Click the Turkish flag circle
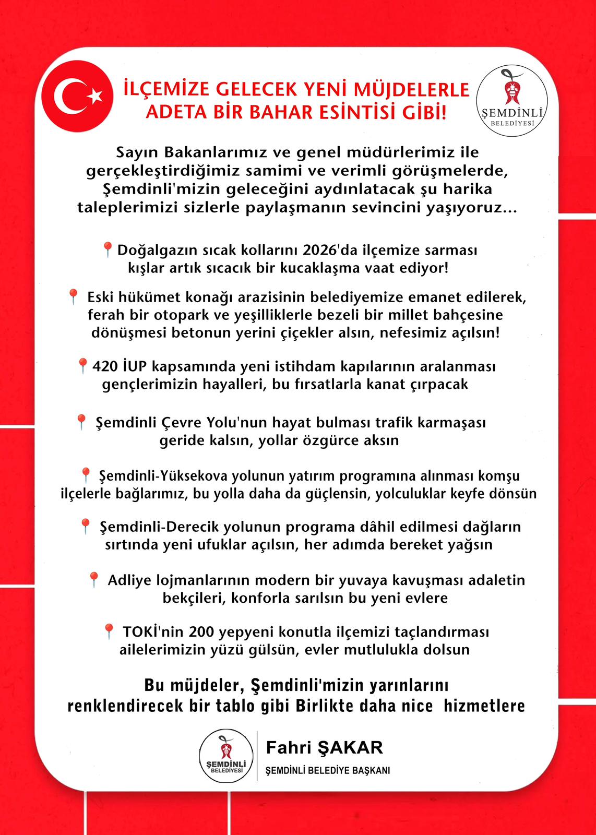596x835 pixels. coord(77,96)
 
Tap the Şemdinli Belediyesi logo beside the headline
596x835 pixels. coord(512,100)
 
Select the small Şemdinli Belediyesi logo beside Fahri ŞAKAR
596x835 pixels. coord(227,755)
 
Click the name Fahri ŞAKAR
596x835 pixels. coord(324,747)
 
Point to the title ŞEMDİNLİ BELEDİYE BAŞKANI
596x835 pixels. coord(328,771)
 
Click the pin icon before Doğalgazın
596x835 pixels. coord(108,249)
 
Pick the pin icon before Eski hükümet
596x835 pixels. coord(73,296)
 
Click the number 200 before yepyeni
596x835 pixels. coord(201,632)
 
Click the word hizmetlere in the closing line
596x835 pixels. coord(484,706)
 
